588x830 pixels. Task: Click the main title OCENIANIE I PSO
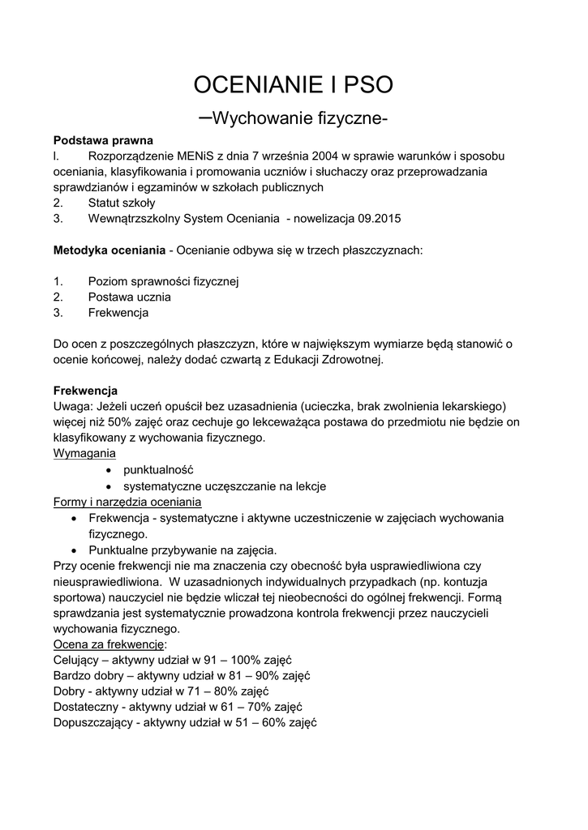tap(294, 85)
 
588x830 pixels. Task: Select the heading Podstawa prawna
tap(103, 140)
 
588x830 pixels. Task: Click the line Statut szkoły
tap(122, 203)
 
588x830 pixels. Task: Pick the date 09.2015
tap(378, 219)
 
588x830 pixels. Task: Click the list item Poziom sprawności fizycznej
tap(163, 281)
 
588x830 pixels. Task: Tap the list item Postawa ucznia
tap(129, 297)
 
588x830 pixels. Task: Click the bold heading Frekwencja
tap(85, 390)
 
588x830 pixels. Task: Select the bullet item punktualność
tap(158, 469)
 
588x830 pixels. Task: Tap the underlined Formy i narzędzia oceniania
tap(127, 502)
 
